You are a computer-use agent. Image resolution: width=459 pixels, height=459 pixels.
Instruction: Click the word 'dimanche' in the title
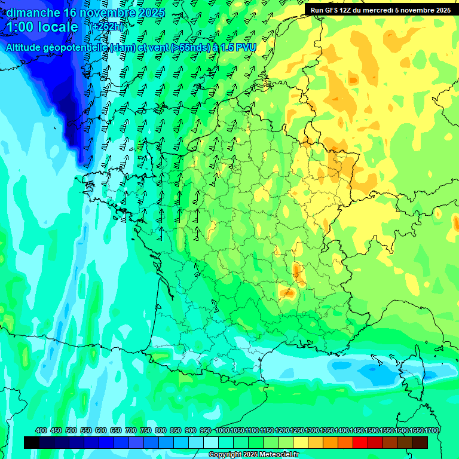click(32, 13)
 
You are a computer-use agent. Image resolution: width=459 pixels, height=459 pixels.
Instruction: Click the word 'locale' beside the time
click(58, 27)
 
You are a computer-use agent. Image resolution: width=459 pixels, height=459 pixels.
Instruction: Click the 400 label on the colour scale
click(41, 430)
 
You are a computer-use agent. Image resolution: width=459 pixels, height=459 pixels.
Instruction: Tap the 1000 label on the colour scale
click(222, 430)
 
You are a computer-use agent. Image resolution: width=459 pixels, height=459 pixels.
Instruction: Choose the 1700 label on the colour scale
click(432, 430)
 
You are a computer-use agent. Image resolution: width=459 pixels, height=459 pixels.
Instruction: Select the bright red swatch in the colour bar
click(360, 442)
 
